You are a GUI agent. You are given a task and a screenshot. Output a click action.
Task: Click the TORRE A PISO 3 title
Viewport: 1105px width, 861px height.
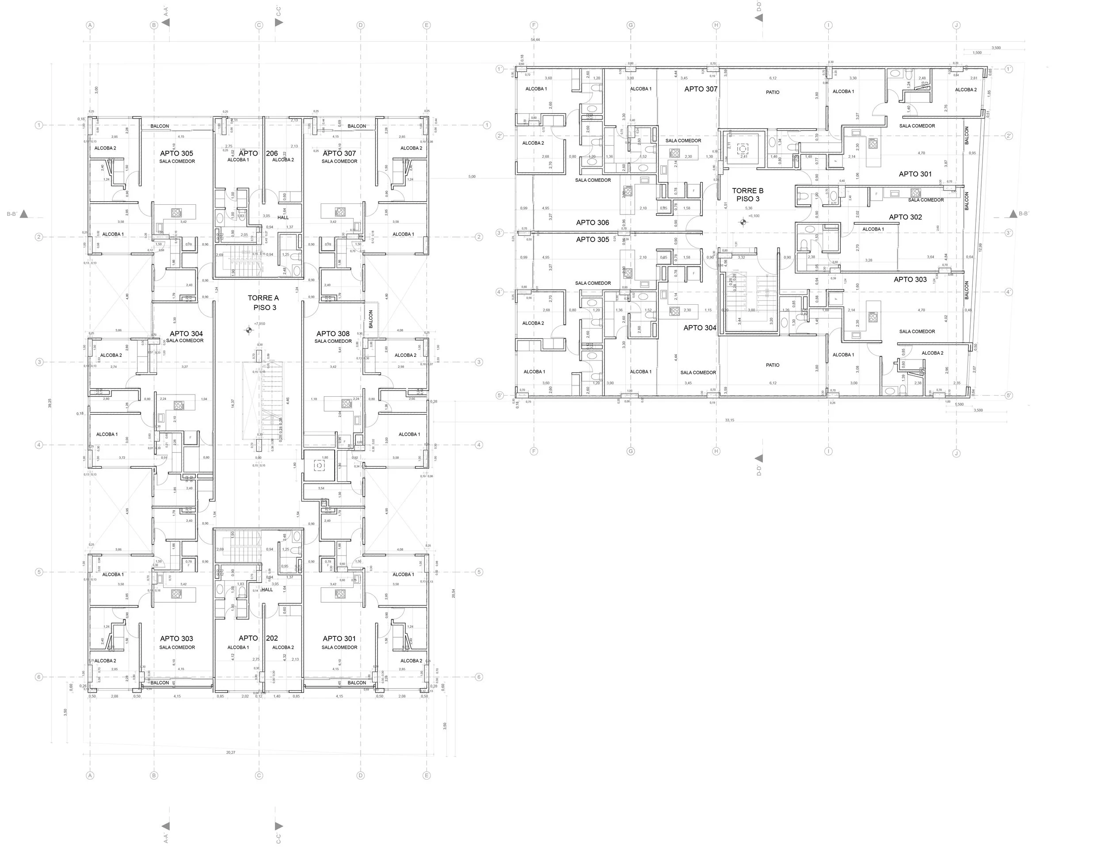pyautogui.click(x=263, y=302)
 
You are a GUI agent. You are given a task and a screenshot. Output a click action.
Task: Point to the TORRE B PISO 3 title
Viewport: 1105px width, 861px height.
pyautogui.click(x=747, y=195)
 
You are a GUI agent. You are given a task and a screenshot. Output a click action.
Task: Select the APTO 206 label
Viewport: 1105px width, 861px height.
pyautogui.click(x=258, y=153)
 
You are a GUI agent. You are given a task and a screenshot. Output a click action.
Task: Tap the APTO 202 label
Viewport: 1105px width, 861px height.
pyautogui.click(x=258, y=638)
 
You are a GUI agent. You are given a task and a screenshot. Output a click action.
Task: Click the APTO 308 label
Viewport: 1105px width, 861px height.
pyautogui.click(x=333, y=333)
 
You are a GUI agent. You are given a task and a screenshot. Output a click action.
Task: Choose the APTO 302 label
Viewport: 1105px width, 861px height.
pyautogui.click(x=905, y=217)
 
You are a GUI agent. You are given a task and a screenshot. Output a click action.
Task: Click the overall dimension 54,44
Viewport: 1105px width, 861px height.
pyautogui.click(x=535, y=39)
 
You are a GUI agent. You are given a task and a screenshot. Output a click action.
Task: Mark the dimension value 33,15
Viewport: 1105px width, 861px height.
pyautogui.click(x=729, y=420)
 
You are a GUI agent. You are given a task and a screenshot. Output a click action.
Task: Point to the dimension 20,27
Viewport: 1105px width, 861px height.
pyautogui.click(x=231, y=753)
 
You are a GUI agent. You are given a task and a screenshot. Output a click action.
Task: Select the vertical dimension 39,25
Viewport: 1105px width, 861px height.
pyautogui.click(x=50, y=403)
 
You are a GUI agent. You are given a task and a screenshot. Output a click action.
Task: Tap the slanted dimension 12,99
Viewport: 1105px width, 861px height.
pyautogui.click(x=980, y=247)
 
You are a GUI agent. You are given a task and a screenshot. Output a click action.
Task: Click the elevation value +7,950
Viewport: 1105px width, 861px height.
pyautogui.click(x=259, y=323)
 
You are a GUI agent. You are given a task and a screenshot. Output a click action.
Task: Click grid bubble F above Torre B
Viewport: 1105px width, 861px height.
pyautogui.click(x=533, y=25)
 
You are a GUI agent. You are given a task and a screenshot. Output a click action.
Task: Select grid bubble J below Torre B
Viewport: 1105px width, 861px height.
pyautogui.click(x=956, y=453)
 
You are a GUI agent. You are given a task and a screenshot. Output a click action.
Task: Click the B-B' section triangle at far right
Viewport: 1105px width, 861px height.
pyautogui.click(x=1013, y=214)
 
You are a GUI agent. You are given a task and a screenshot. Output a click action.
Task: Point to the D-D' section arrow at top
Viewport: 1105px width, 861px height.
pyautogui.click(x=758, y=18)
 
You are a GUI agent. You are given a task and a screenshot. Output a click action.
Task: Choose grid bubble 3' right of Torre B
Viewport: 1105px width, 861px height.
pyautogui.click(x=1008, y=233)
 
